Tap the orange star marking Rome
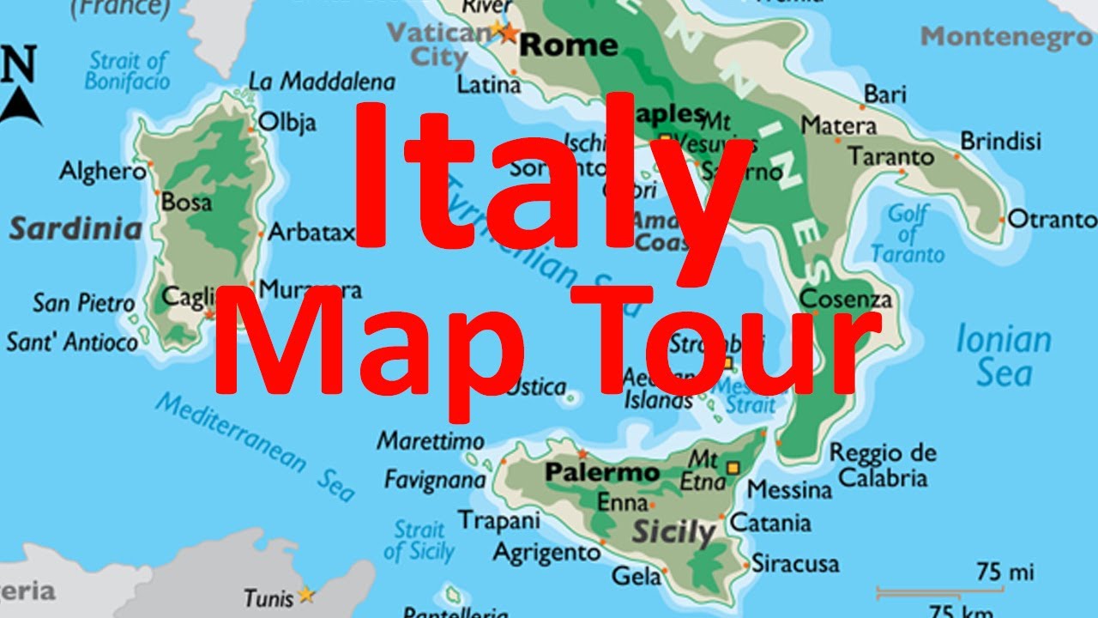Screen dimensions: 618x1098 pos(508,33)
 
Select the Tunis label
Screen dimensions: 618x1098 pos(268,597)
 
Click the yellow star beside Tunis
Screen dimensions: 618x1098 pos(306,594)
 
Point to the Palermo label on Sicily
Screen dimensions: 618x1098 pos(602,472)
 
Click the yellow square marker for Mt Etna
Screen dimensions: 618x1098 pos(733,467)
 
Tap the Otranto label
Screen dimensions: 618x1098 pos(1052,219)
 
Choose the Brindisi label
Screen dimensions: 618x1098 pos(1000,140)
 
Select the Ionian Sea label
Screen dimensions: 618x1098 pos(1003,356)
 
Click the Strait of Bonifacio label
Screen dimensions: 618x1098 pos(128,71)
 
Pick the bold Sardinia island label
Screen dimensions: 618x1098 pos(75,229)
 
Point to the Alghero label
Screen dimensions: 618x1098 pos(102,171)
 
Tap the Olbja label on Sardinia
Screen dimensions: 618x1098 pos(287,121)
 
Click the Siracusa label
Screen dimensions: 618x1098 pos(795,564)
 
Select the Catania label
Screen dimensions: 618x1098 pos(769,522)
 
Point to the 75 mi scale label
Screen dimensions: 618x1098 pos(1004,572)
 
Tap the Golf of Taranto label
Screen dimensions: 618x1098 pos(908,233)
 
